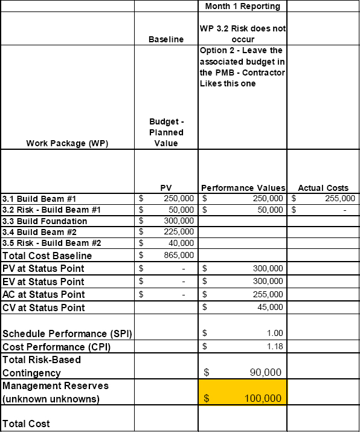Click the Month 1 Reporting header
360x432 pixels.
coord(242,6)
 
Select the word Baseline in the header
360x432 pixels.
coord(166,39)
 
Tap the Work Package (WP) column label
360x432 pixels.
coord(67,143)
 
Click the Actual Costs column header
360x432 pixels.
coord(324,188)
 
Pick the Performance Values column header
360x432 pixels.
coord(242,188)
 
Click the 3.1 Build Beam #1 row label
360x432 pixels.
coord(39,198)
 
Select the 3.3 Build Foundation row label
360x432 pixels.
coord(45,221)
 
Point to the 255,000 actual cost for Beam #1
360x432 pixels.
coord(338,198)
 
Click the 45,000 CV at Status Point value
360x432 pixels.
coord(270,308)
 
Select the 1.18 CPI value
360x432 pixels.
coord(274,347)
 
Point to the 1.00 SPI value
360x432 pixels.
coord(274,333)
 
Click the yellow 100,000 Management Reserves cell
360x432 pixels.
coord(243,391)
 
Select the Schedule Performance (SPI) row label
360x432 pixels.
coord(67,334)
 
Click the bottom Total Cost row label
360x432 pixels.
coord(27,424)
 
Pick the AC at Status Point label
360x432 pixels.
coord(43,295)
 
